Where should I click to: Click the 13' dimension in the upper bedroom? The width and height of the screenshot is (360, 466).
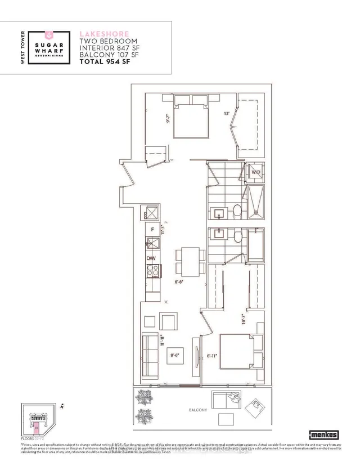tap(226, 113)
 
